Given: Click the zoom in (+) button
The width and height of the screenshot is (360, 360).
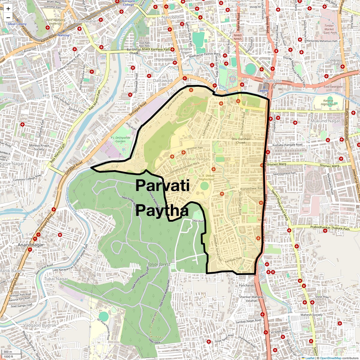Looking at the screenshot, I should pyautogui.click(x=8, y=9).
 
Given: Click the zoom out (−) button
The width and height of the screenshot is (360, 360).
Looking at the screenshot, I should pyautogui.click(x=8, y=17).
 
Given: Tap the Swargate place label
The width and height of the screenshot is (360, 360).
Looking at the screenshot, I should pyautogui.click(x=272, y=81).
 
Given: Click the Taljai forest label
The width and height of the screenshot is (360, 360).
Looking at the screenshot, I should pyautogui.click(x=159, y=264).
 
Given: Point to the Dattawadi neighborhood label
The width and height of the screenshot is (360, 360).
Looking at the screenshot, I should pyautogui.click(x=163, y=81).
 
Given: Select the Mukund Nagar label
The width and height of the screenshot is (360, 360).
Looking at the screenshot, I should pyautogui.click(x=325, y=121).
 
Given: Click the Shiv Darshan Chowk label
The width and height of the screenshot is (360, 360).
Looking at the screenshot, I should pyautogui.click(x=241, y=141).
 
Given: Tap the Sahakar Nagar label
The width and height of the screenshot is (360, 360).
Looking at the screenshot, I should pyautogui.click(x=195, y=159).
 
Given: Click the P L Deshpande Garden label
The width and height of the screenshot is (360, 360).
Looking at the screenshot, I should pyautogui.click(x=121, y=139).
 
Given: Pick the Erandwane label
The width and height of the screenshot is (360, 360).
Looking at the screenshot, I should pyautogui.click(x=85, y=21).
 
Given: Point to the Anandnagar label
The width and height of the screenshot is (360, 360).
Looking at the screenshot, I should pyautogui.click(x=31, y=245).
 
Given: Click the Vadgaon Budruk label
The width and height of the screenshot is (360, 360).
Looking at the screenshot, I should pyautogui.click(x=40, y=325).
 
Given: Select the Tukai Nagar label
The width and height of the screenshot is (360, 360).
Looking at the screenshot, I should pyautogui.click(x=56, y=279).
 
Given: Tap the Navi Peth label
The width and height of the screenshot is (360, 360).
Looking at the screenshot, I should pyautogui.click(x=171, y=17).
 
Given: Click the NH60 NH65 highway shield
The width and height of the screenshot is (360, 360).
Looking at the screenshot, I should pyautogui.click(x=238, y=37).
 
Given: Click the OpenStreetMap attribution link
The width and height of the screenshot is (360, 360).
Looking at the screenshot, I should pyautogui.click(x=330, y=358).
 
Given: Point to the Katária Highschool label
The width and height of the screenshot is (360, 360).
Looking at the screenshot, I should pyautogui.click(x=328, y=103).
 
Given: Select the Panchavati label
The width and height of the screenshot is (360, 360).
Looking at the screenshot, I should pyautogui.click(x=247, y=285).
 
